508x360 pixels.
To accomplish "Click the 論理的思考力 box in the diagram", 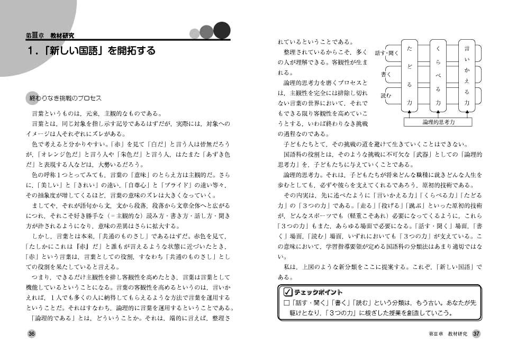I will [x=439, y=122].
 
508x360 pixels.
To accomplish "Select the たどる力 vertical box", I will [x=409, y=75].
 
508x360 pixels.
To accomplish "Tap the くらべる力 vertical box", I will [x=438, y=75].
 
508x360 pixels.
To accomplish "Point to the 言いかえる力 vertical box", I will [x=466, y=75].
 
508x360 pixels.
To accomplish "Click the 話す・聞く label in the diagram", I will [x=386, y=53].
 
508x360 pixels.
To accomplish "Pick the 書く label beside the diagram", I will [x=386, y=75].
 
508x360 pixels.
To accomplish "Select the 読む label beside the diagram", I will [x=386, y=95].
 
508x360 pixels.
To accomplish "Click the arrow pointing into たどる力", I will [x=409, y=113].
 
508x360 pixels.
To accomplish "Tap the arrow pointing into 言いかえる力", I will [x=466, y=113].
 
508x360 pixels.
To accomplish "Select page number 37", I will [x=476, y=334].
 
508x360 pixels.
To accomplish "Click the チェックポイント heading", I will [x=318, y=292].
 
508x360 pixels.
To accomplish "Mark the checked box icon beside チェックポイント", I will [x=287, y=292].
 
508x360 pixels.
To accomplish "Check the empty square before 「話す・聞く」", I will [x=286, y=303].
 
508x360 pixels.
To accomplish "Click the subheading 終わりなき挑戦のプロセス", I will [x=65, y=99].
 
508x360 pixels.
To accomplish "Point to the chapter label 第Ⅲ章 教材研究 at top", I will [x=50, y=35].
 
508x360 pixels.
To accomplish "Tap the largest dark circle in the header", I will [x=222, y=30].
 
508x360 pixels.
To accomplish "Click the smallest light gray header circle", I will [x=194, y=34].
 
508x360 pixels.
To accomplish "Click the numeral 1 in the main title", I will [x=31, y=51].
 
